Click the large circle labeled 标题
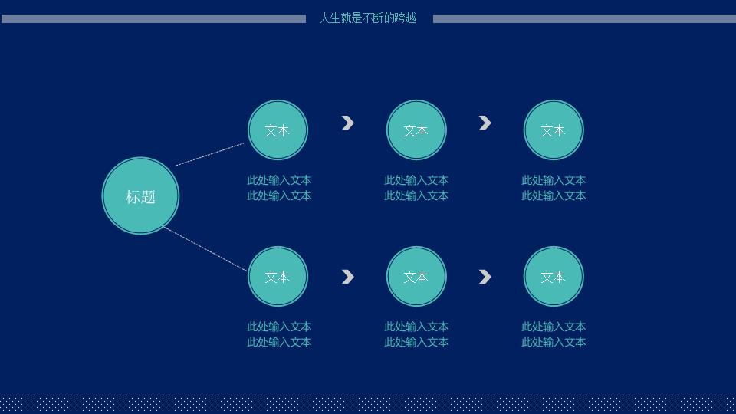pyautogui.click(x=140, y=195)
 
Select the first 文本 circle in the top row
pyautogui.click(x=278, y=130)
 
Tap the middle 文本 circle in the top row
pyautogui.click(x=416, y=130)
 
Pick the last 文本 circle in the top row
pyautogui.click(x=554, y=130)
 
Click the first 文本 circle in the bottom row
pyautogui.click(x=278, y=277)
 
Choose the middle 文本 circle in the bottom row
pyautogui.click(x=416, y=277)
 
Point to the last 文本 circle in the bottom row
pyautogui.click(x=554, y=277)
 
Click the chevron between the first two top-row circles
pyautogui.click(x=348, y=123)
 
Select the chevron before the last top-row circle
pyautogui.click(x=485, y=123)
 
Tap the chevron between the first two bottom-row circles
pyautogui.click(x=348, y=277)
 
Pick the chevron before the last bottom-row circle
pyautogui.click(x=485, y=277)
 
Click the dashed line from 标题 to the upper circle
pyautogui.click(x=210, y=154)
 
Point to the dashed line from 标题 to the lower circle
pyautogui.click(x=205, y=248)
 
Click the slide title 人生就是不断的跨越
pyautogui.click(x=367, y=18)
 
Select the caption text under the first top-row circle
pyautogui.click(x=279, y=188)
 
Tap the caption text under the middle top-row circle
pyautogui.click(x=416, y=188)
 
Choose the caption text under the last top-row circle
pyautogui.click(x=554, y=188)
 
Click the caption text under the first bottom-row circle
pyautogui.click(x=279, y=334)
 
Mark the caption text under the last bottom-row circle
pyautogui.click(x=554, y=334)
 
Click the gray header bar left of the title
pyautogui.click(x=153, y=18)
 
